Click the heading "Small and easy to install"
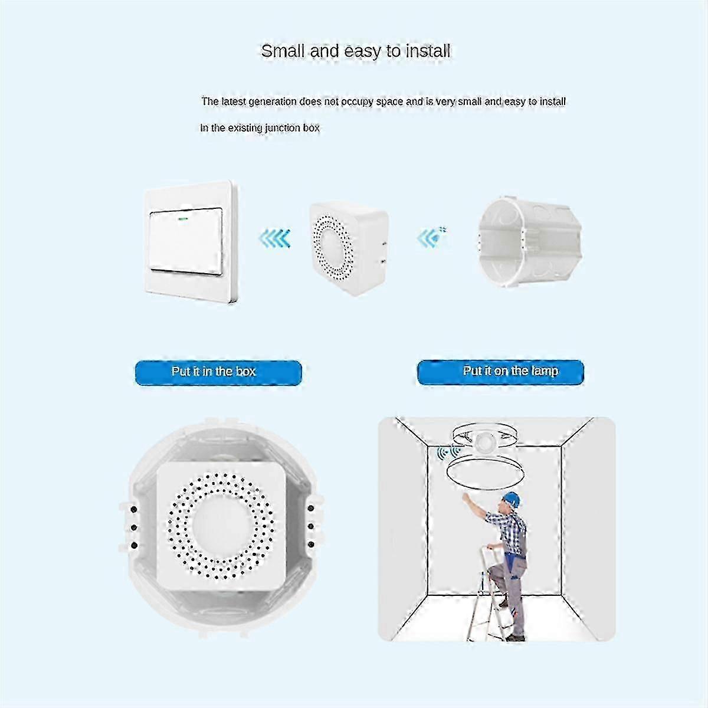pos(355,51)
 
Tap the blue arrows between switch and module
pos(274,238)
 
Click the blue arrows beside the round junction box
pos(431,238)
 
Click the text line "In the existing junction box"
pos(260,127)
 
